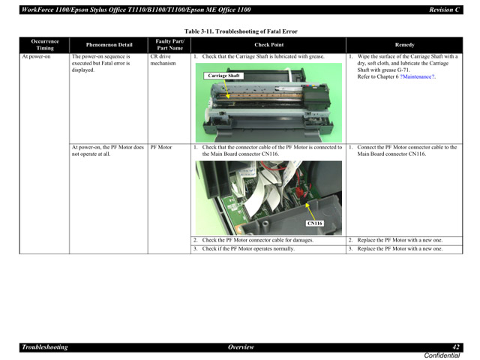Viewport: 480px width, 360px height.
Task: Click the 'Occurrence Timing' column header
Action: [45, 44]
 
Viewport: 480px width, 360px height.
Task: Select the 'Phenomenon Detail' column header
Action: [109, 45]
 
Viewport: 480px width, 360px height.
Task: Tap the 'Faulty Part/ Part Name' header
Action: [169, 44]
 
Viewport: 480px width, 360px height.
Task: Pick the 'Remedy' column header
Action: [403, 45]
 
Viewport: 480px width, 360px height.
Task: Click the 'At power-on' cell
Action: [36, 56]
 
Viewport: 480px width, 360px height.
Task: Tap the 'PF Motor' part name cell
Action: [160, 147]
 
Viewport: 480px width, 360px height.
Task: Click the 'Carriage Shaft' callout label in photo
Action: [223, 76]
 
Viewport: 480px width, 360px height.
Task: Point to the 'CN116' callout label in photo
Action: [314, 223]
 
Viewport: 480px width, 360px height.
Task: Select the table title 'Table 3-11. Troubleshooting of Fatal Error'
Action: [240, 31]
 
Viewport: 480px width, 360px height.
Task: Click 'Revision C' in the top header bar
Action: [444, 9]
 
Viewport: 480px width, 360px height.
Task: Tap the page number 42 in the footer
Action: [456, 347]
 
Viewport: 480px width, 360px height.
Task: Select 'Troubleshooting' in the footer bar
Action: [45, 347]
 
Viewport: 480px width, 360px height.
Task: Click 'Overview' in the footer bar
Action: [241, 347]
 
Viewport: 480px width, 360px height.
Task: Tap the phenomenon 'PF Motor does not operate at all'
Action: [107, 150]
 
